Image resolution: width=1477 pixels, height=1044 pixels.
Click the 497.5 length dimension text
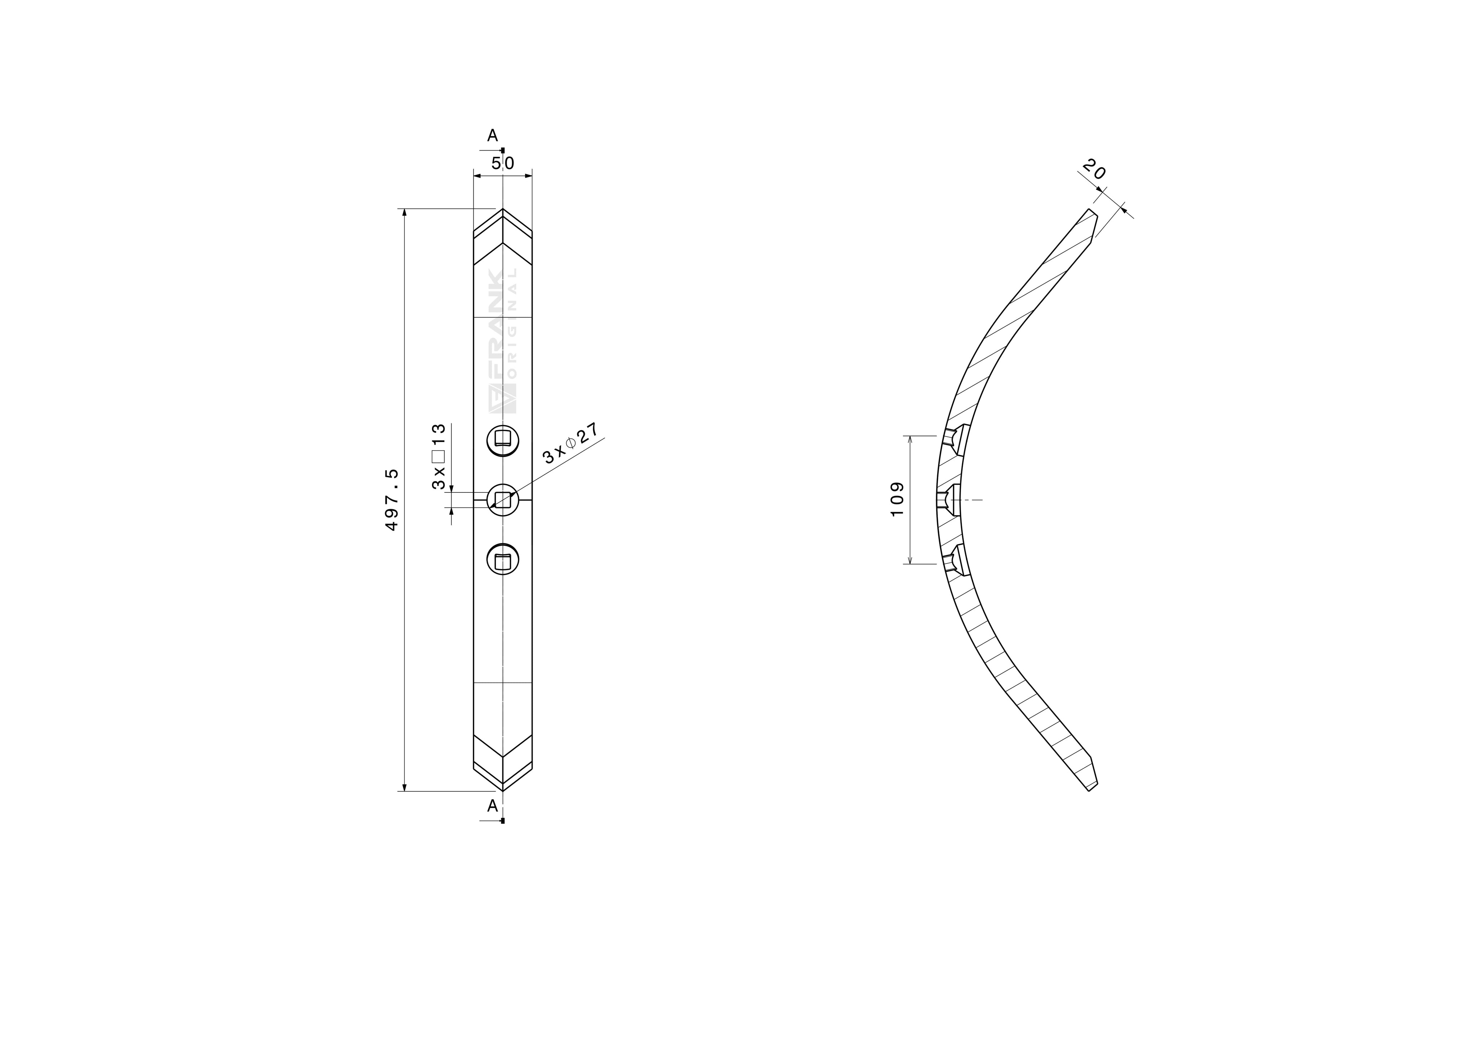pyautogui.click(x=392, y=500)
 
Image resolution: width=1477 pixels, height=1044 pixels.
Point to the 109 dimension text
pyautogui.click(x=898, y=499)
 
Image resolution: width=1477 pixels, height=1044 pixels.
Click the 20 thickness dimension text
pyautogui.click(x=1094, y=170)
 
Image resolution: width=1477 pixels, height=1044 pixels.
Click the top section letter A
pyautogui.click(x=493, y=136)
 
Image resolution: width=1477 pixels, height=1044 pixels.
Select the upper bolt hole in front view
pyautogui.click(x=503, y=441)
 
